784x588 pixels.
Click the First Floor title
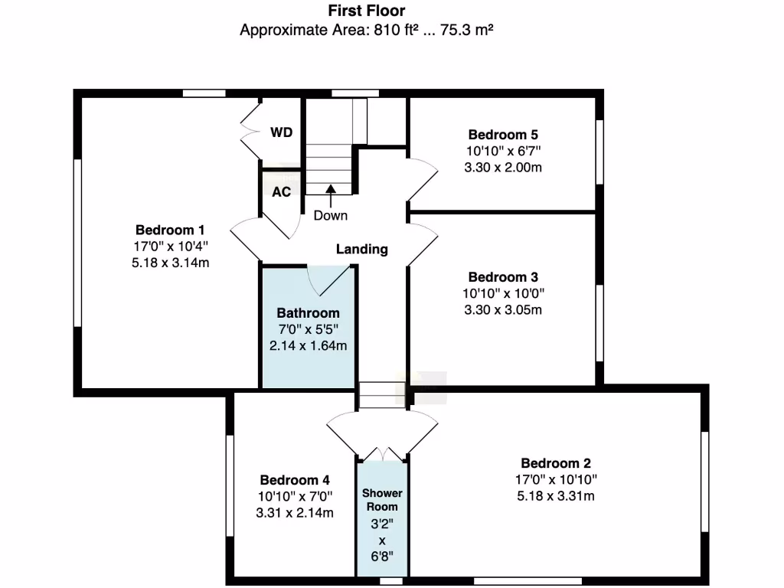point(367,11)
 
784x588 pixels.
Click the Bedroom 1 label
point(170,230)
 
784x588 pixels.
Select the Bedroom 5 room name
point(503,135)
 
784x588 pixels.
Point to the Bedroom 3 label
point(503,277)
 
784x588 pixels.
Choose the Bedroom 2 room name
point(556,463)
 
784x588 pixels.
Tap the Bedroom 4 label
point(295,480)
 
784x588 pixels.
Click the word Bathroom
point(308,313)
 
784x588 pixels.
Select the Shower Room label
point(382,500)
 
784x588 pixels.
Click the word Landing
point(362,249)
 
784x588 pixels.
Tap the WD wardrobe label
point(281,132)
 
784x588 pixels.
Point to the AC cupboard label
point(281,191)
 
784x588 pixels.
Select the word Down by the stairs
point(330,215)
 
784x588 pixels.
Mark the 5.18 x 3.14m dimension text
point(170,263)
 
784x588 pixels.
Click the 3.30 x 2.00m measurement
point(503,167)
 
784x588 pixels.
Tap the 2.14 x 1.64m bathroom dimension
point(308,345)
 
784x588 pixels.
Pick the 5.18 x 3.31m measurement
point(556,495)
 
